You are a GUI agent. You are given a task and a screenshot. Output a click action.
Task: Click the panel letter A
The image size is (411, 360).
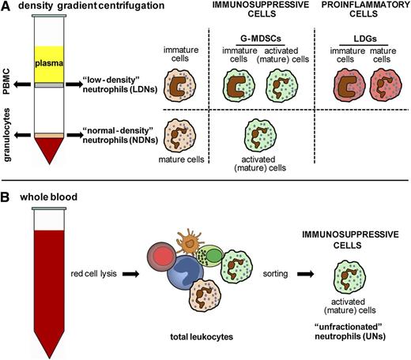pos(6,7)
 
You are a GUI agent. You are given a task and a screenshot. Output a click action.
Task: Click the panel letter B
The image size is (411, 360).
pos(6,192)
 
